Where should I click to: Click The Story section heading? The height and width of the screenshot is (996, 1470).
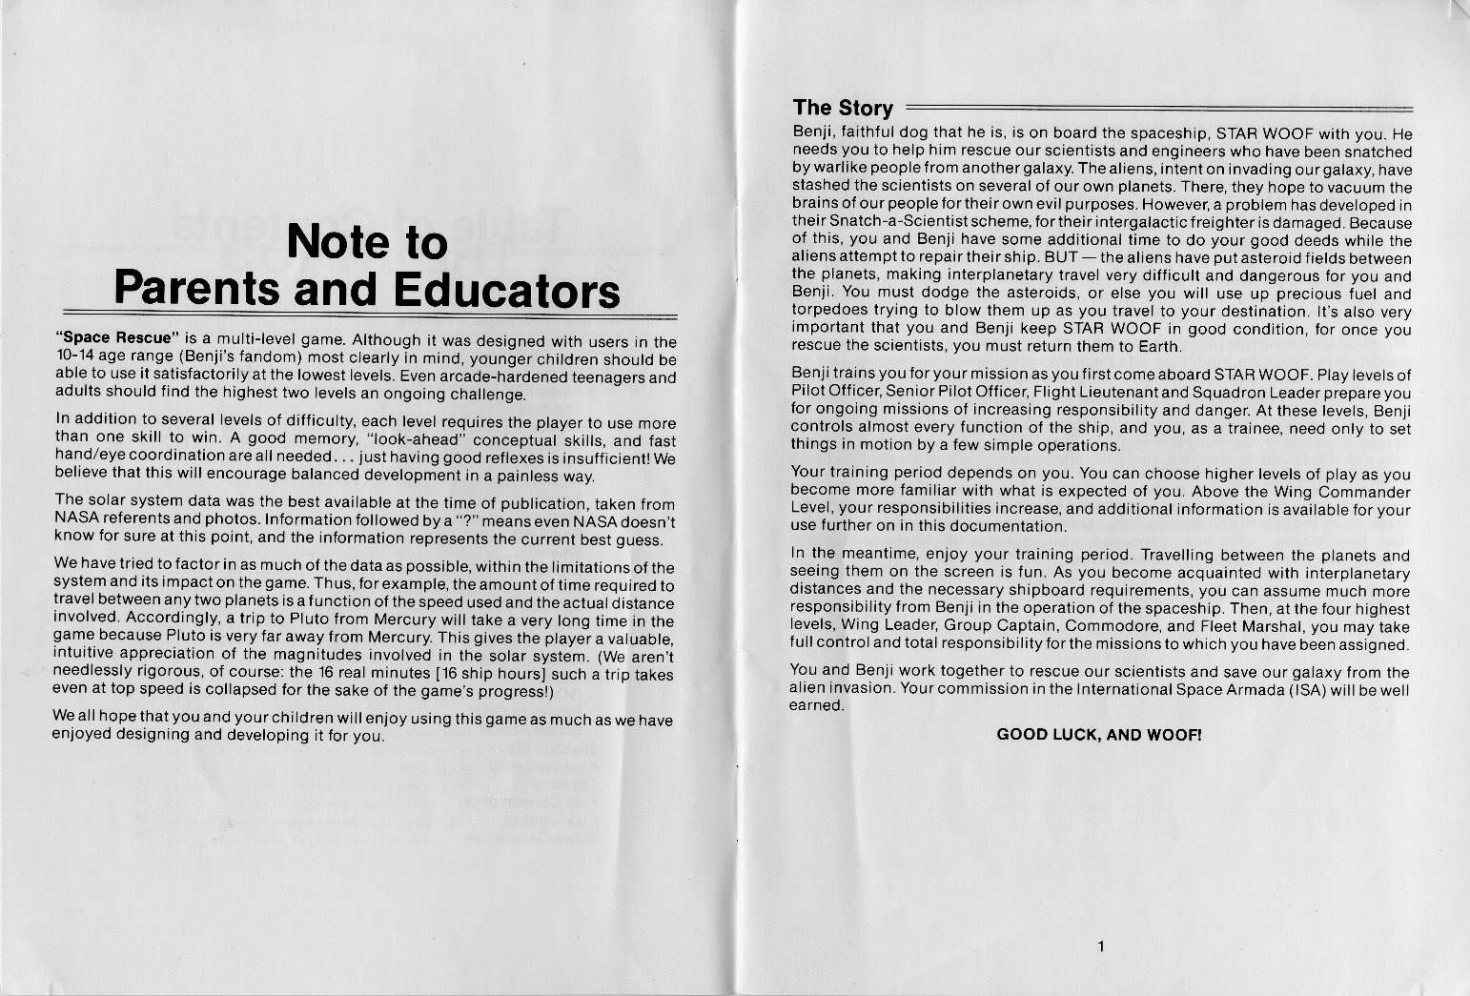tap(843, 108)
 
